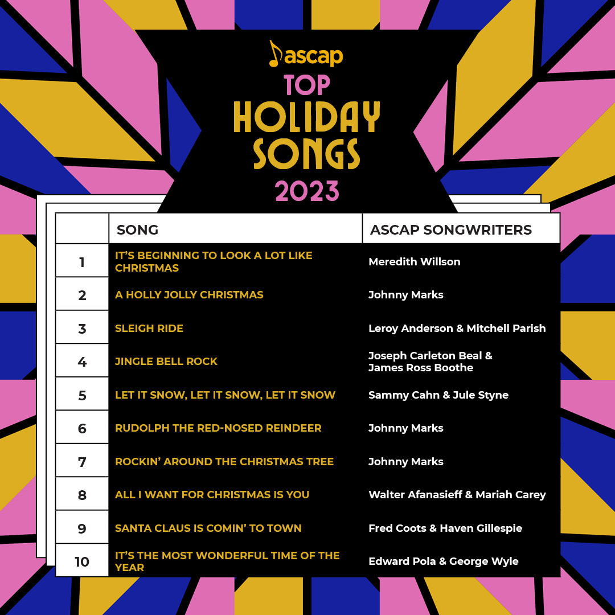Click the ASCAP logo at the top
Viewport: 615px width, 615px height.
(x=306, y=55)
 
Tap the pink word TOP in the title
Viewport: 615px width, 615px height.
(x=307, y=85)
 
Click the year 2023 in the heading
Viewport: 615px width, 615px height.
(x=307, y=192)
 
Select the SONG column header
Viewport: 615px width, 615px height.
(x=138, y=229)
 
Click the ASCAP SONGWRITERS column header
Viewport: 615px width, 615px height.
(x=451, y=229)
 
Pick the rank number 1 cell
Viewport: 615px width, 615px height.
(x=82, y=262)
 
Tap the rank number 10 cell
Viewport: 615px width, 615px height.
(x=82, y=561)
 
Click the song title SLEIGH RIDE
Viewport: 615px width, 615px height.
(x=149, y=329)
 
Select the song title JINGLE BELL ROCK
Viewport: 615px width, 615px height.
(x=166, y=362)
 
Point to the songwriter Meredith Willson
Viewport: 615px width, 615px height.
(x=415, y=262)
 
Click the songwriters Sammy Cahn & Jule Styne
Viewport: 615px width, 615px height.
(x=438, y=395)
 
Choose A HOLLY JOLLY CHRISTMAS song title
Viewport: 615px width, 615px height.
(x=189, y=295)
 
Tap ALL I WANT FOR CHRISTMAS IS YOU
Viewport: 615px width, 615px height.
(x=212, y=495)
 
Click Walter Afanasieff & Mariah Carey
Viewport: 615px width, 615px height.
(x=457, y=495)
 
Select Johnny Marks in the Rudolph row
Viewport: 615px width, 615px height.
(x=406, y=428)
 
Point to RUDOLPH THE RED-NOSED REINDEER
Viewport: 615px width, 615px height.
(x=218, y=428)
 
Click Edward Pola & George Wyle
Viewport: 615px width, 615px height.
(x=444, y=561)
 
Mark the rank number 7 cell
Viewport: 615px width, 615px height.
(x=82, y=462)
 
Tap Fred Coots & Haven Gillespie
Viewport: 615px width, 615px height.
(x=445, y=528)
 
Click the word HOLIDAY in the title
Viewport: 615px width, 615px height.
(x=307, y=118)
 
